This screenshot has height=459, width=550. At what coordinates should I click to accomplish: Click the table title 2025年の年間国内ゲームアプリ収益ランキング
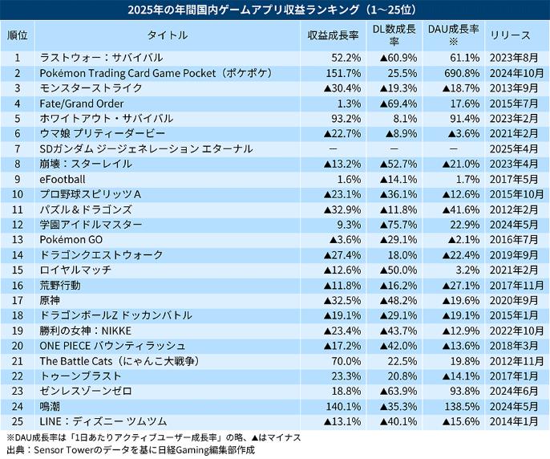tap(274, 10)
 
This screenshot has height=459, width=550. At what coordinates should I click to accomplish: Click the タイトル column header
tap(168, 36)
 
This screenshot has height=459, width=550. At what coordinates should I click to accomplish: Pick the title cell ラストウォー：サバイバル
tap(101, 59)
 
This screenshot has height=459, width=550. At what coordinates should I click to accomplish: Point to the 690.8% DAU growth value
tap(463, 74)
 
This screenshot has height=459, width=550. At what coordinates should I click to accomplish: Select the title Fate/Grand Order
tap(82, 104)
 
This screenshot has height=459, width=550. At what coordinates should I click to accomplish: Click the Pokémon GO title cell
tap(71, 240)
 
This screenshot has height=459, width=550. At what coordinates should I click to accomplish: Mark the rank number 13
tap(17, 240)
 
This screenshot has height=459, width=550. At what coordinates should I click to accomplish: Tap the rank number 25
tap(17, 421)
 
